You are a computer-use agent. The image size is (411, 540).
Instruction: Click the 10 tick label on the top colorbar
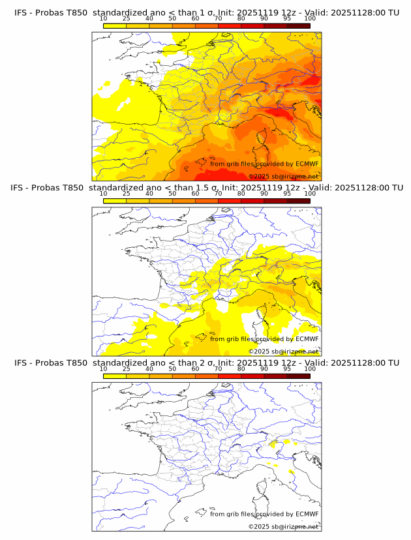pos(103,18)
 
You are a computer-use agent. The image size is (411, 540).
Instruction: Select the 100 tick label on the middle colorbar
pos(310,193)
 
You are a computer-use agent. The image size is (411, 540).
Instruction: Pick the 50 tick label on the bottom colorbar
pos(172,368)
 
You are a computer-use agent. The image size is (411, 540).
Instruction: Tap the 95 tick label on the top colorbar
pos(287,18)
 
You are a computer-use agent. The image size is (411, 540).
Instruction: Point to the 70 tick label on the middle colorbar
pos(218,193)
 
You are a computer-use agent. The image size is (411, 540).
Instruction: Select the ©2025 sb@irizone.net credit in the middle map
pos(284,351)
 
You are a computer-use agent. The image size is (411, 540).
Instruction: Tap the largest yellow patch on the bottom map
pos(272,445)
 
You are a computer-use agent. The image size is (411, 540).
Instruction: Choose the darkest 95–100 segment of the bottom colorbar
pos(298,376)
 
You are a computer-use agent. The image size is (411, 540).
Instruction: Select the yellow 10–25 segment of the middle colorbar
pos(115,200)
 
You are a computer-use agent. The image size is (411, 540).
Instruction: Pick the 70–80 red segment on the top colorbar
pos(230,25)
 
